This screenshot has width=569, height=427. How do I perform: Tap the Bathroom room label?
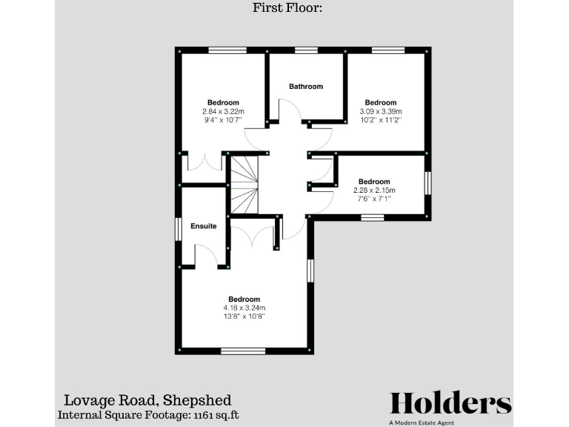[x=306, y=86]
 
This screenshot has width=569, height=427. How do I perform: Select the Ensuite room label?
[x=203, y=226]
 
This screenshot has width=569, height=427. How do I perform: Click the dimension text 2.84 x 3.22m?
[x=223, y=111]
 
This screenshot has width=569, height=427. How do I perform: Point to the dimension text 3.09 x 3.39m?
[x=380, y=111]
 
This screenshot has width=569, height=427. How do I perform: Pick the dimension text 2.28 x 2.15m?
[x=373, y=190]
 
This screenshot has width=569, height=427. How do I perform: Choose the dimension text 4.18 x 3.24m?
[x=244, y=308]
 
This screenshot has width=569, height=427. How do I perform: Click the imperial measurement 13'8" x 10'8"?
[x=244, y=317]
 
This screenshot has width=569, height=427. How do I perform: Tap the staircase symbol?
[x=244, y=185]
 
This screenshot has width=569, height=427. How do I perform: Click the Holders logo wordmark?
[x=450, y=403]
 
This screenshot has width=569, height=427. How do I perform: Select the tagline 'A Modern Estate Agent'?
[x=422, y=423]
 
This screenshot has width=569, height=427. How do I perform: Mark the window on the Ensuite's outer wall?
[x=178, y=228]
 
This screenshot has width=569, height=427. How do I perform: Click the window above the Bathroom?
[x=305, y=51]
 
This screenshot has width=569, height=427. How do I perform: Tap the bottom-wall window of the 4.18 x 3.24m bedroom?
[x=242, y=351]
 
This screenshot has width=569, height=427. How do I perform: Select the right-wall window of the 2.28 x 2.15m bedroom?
[x=427, y=182]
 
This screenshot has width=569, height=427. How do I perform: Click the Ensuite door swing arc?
[x=205, y=256]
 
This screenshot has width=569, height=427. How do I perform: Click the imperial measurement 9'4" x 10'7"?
[x=223, y=120]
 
